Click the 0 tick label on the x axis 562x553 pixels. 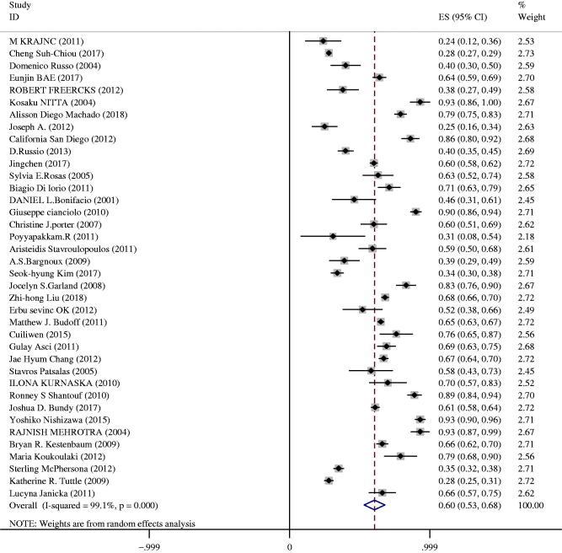(290, 545)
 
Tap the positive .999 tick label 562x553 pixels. (429, 545)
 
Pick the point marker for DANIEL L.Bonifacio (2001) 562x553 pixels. (354, 200)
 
